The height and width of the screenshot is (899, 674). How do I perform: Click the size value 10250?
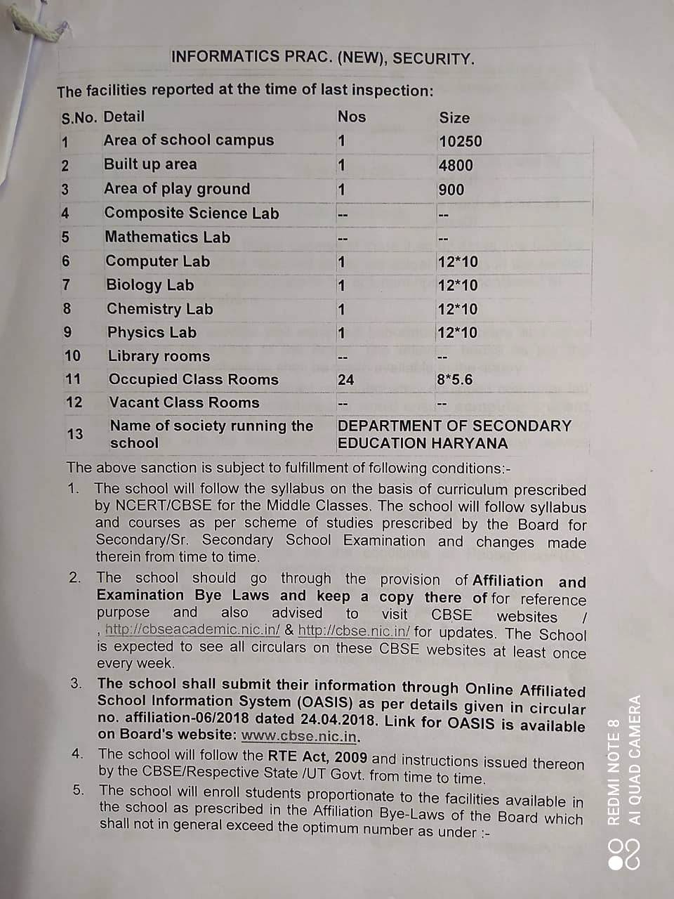(x=461, y=141)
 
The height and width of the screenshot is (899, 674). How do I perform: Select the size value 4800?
(x=456, y=166)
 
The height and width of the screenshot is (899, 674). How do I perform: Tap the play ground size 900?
(x=451, y=190)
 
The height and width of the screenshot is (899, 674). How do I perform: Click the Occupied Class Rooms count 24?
(x=345, y=380)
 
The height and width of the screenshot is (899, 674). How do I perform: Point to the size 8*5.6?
(x=454, y=380)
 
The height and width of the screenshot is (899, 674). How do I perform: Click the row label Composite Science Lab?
(x=192, y=213)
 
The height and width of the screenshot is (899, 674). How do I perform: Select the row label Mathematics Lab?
(x=167, y=237)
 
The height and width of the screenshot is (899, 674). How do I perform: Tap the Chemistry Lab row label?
(x=159, y=309)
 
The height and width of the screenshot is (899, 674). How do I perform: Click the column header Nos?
(x=352, y=117)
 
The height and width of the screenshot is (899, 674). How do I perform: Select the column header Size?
(x=454, y=118)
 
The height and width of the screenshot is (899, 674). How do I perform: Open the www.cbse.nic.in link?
(x=300, y=737)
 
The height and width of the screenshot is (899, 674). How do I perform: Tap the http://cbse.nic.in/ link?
(x=354, y=631)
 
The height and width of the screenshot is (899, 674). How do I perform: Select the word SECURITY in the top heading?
(x=433, y=58)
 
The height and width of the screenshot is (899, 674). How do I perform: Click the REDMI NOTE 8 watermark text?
(x=613, y=772)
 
